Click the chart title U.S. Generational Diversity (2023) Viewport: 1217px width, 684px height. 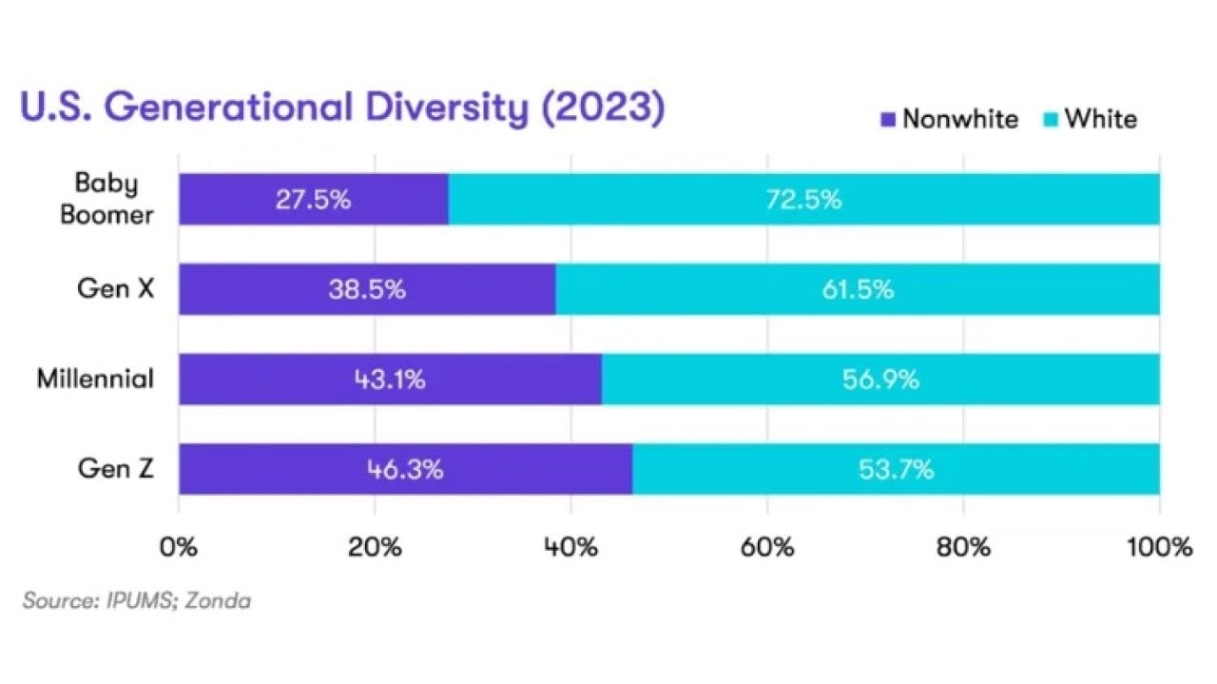[x=341, y=107]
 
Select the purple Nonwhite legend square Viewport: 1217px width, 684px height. [x=889, y=120]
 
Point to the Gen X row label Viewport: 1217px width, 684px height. [x=115, y=289]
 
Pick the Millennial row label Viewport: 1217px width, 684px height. [x=95, y=379]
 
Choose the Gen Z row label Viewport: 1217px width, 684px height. [x=115, y=468]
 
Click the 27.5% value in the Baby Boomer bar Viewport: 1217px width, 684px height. [x=314, y=200]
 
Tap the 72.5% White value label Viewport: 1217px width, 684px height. [x=803, y=200]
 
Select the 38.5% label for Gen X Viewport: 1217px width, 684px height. [x=368, y=289]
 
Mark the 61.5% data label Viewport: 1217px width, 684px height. [x=857, y=289]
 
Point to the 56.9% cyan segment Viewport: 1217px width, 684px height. [x=880, y=380]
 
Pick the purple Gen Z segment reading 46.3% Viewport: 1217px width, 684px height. [x=405, y=469]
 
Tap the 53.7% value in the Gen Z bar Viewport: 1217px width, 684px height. [x=896, y=469]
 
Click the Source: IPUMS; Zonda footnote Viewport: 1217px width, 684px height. [x=137, y=601]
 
